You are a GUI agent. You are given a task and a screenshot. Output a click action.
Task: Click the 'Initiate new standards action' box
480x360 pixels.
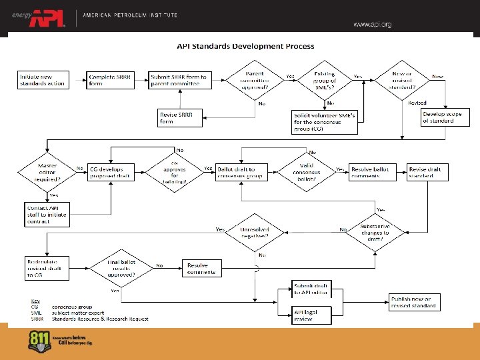click(x=43, y=80)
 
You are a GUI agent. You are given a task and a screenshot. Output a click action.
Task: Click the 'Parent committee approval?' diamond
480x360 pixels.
click(x=255, y=80)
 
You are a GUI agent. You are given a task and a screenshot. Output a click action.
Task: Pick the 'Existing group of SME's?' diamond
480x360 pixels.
click(x=329, y=80)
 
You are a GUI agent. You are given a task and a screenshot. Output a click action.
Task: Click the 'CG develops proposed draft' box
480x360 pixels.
click(x=110, y=173)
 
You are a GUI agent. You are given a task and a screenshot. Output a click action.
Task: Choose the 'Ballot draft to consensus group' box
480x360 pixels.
click(x=237, y=173)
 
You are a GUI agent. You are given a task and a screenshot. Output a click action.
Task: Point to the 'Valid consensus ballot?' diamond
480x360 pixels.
click(x=306, y=173)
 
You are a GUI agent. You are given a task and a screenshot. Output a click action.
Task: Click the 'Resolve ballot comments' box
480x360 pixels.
click(x=371, y=173)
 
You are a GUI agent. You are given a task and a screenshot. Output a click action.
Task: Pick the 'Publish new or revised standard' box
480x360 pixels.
click(x=413, y=302)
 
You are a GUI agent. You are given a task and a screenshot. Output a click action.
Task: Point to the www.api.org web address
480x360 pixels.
click(x=372, y=25)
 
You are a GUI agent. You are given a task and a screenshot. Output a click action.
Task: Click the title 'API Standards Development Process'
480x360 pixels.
click(x=245, y=47)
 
